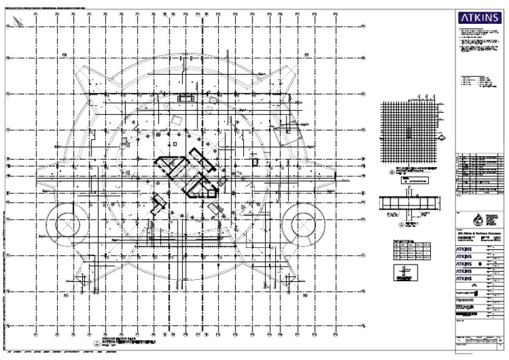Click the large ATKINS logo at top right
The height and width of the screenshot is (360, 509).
[481, 18]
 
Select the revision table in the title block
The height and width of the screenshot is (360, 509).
[480, 174]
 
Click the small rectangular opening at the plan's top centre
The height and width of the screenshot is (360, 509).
[186, 98]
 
